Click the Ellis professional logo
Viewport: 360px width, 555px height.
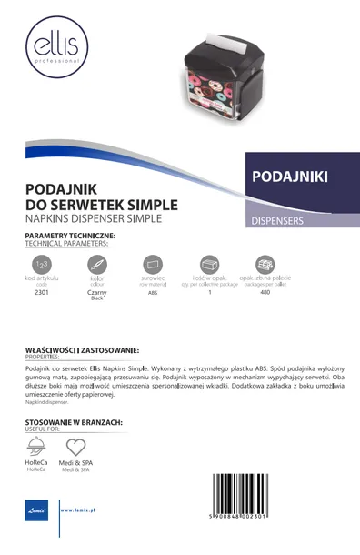(55, 47)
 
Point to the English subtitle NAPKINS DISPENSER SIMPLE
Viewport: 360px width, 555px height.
(93, 219)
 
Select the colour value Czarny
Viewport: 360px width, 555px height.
(97, 292)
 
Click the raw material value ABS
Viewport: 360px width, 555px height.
(153, 292)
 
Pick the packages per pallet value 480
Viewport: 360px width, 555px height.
(265, 292)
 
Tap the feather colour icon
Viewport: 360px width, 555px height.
(97, 263)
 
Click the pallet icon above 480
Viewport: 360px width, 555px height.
(265, 263)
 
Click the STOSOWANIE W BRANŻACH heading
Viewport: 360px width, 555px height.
(74, 423)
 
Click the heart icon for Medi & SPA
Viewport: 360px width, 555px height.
(76, 447)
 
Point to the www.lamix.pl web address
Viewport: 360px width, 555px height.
(79, 510)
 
